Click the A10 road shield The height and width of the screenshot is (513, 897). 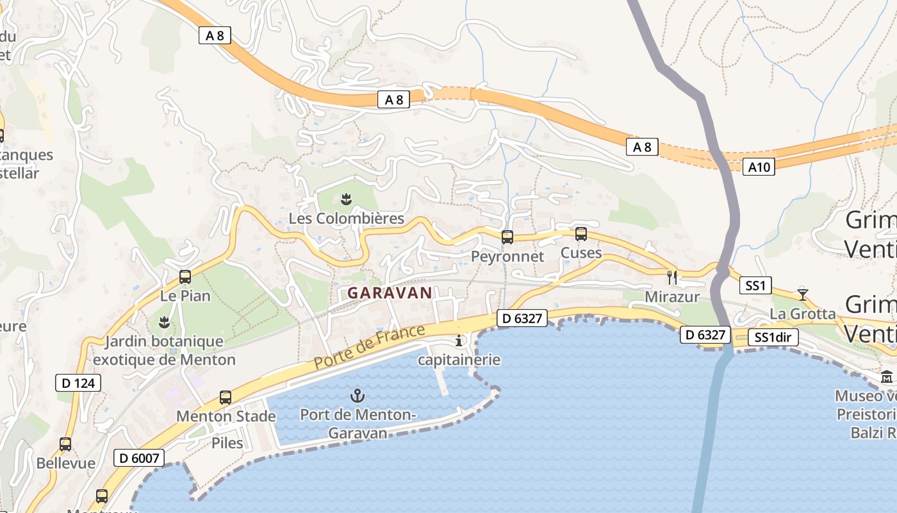point(759,167)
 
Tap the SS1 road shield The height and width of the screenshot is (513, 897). point(755,285)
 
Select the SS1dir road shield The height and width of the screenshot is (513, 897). point(773,337)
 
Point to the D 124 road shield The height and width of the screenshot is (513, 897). point(78,383)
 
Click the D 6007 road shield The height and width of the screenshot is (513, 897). point(139,458)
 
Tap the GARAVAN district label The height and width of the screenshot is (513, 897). point(390,293)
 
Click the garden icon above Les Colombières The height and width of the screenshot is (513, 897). point(347,199)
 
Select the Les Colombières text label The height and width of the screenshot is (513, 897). point(347,219)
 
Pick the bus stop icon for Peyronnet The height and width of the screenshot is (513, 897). point(507,237)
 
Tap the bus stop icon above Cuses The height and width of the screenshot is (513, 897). point(581,234)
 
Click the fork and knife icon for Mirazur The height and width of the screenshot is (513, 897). point(672,277)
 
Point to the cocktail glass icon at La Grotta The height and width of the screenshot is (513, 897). point(803,294)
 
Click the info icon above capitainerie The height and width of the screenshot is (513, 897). point(459,340)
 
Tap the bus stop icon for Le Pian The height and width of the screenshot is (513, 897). point(185,277)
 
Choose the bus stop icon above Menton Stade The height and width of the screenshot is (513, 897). point(226,397)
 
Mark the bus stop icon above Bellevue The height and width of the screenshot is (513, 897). point(65,444)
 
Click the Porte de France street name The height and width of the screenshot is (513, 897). point(370,347)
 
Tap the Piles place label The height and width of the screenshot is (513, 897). point(227,443)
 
